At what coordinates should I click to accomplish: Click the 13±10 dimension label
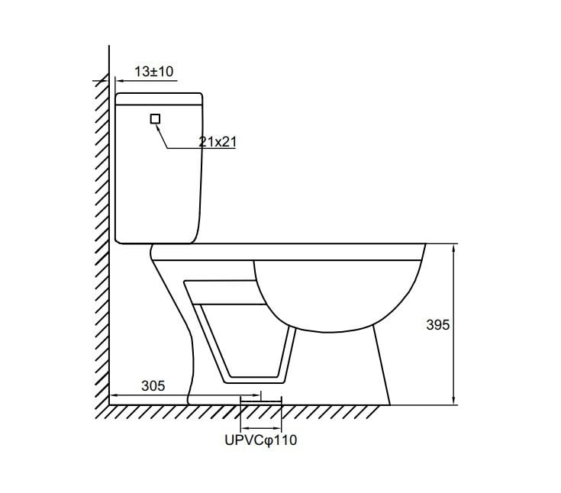coord(153,72)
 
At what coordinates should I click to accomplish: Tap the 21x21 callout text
coord(218,142)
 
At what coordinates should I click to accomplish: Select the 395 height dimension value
coord(437,325)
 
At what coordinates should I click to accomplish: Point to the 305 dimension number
coord(153,385)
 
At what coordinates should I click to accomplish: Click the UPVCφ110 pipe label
coord(261,440)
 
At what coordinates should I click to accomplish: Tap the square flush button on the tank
coord(155,119)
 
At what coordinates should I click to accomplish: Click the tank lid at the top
coord(160,98)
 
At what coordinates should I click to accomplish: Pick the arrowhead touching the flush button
coord(158,127)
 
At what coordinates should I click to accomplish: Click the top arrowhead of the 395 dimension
coord(453,247)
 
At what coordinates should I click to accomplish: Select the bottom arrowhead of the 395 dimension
coord(453,401)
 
